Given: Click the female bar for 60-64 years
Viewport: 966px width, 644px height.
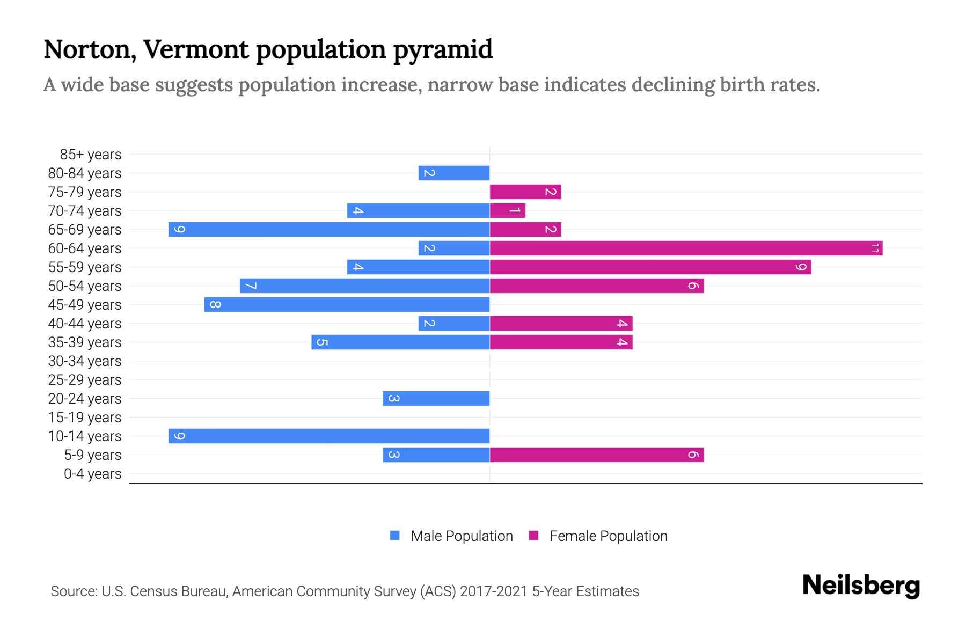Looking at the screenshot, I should click(686, 248).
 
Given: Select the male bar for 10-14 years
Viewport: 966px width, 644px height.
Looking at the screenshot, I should click(329, 436).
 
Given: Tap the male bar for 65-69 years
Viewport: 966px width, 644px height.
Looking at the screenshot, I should click(329, 229).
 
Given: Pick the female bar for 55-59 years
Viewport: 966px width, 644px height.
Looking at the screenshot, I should click(650, 267).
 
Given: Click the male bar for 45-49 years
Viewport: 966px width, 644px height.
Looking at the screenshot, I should click(347, 304).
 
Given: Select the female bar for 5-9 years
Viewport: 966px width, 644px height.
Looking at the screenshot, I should click(596, 455).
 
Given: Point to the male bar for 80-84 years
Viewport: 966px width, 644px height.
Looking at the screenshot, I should click(454, 173).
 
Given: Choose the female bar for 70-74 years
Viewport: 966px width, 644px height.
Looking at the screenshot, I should click(507, 210).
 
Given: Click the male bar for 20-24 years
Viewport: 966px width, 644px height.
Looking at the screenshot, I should click(436, 398).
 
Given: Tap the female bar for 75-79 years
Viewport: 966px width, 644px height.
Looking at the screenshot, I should click(525, 192).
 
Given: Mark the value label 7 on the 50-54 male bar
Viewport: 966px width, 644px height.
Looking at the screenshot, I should click(251, 286).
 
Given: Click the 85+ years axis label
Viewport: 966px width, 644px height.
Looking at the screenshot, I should click(91, 155).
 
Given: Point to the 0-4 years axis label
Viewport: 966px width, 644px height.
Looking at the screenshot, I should click(92, 474).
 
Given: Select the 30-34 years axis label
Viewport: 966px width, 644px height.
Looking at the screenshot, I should click(85, 361).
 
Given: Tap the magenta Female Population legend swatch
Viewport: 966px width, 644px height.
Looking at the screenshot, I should click(533, 536).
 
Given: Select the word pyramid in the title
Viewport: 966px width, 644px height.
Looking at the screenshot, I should click(443, 50).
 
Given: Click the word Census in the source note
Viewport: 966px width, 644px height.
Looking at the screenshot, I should click(152, 591).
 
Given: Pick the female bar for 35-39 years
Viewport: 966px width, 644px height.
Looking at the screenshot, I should click(561, 342).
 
